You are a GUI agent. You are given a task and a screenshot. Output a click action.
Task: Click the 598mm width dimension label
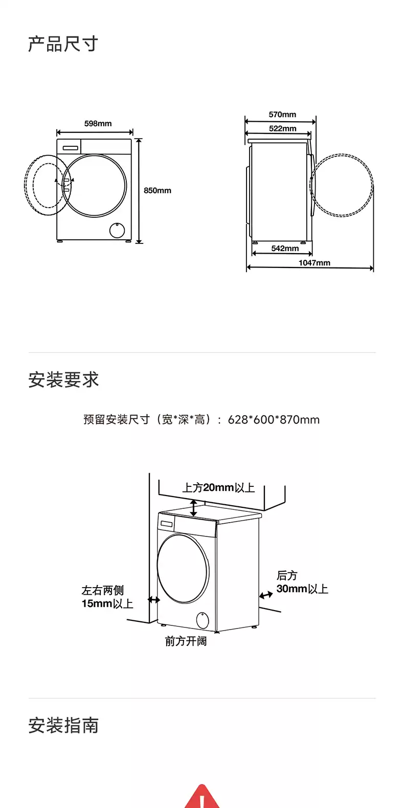pyautogui.click(x=98, y=123)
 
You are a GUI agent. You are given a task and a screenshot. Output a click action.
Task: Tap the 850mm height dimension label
pyautogui.click(x=158, y=190)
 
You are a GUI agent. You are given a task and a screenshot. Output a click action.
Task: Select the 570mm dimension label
pyautogui.click(x=282, y=115)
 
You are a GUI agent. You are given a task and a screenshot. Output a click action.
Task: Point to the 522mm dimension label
pyautogui.click(x=282, y=128)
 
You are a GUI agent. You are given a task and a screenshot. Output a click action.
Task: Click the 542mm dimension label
pyautogui.click(x=285, y=248)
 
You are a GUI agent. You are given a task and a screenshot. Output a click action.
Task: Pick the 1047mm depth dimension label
pyautogui.click(x=314, y=263)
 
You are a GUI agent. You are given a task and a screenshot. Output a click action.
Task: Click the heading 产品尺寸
pyautogui.click(x=63, y=44)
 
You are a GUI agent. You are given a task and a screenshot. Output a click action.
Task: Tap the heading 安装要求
pyautogui.click(x=63, y=379)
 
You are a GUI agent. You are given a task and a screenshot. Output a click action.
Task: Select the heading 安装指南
pyautogui.click(x=63, y=725)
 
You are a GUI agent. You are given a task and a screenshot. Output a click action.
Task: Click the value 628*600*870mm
pyautogui.click(x=274, y=419)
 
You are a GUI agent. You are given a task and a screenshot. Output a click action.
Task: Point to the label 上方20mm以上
pyautogui.click(x=218, y=488)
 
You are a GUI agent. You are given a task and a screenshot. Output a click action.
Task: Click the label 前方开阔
pyautogui.click(x=186, y=641)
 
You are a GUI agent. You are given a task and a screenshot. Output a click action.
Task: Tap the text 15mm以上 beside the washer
pyautogui.click(x=107, y=603)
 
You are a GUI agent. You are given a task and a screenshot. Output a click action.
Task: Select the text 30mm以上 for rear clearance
pyautogui.click(x=302, y=589)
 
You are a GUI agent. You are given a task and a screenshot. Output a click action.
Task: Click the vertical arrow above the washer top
pyautogui.click(x=194, y=508)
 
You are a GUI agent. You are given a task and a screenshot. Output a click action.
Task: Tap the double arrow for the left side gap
pyautogui.click(x=154, y=600)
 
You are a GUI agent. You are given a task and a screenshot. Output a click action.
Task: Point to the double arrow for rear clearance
pyautogui.click(x=266, y=595)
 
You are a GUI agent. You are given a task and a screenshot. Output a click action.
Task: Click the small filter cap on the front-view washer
pyautogui.click(x=117, y=230)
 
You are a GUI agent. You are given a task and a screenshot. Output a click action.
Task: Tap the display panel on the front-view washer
pyautogui.click(x=71, y=147)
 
